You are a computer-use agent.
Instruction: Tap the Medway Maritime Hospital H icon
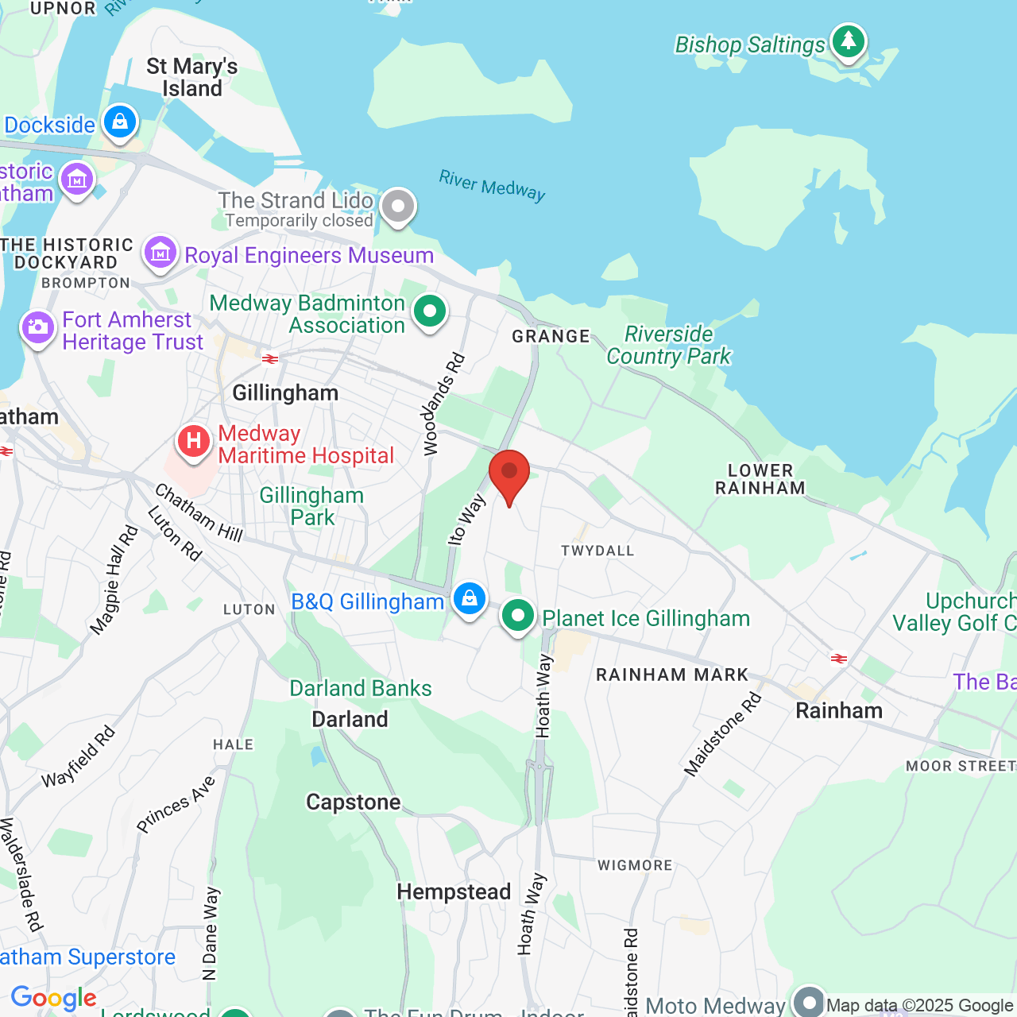point(193,441)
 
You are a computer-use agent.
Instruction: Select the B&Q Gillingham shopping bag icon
point(470,597)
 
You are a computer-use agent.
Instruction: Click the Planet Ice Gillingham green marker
point(518,615)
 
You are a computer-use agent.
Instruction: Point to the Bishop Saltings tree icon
point(849,40)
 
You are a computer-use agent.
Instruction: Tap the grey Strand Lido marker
point(398,206)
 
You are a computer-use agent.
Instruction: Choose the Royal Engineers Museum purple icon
point(160,253)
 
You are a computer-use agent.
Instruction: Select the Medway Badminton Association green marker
point(430,311)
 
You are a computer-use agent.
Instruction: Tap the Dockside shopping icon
point(120,122)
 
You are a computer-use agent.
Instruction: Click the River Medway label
point(492,186)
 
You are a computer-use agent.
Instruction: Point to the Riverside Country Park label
point(668,345)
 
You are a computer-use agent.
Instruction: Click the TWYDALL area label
point(597,551)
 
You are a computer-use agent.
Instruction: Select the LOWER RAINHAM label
point(760,479)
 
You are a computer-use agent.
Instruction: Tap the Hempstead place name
point(454,891)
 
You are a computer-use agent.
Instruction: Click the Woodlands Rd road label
point(443,405)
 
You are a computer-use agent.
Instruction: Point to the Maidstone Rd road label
point(723,734)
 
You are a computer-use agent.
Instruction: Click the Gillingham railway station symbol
point(270,359)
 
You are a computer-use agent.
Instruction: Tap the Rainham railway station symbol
point(838,659)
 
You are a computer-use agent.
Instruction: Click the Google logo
point(54,998)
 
